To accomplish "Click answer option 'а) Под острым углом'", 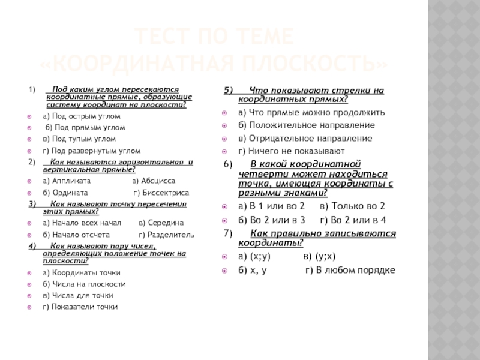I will point(82,116).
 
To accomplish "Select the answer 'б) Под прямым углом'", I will point(85,128).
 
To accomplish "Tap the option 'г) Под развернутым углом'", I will point(91,151).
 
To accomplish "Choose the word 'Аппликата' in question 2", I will point(71,180).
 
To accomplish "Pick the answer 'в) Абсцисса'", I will point(154,180).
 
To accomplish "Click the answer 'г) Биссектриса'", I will point(161,193).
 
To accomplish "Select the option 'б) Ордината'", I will point(65,193).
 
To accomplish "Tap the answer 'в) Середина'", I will point(161,222).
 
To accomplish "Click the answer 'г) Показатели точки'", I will point(80,307).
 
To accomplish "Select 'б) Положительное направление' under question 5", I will point(307,125).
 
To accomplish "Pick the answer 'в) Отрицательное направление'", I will point(305,138).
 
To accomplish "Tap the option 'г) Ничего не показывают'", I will point(292,151).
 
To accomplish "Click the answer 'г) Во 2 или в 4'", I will point(351,219).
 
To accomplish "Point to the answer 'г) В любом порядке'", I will point(350,270).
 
